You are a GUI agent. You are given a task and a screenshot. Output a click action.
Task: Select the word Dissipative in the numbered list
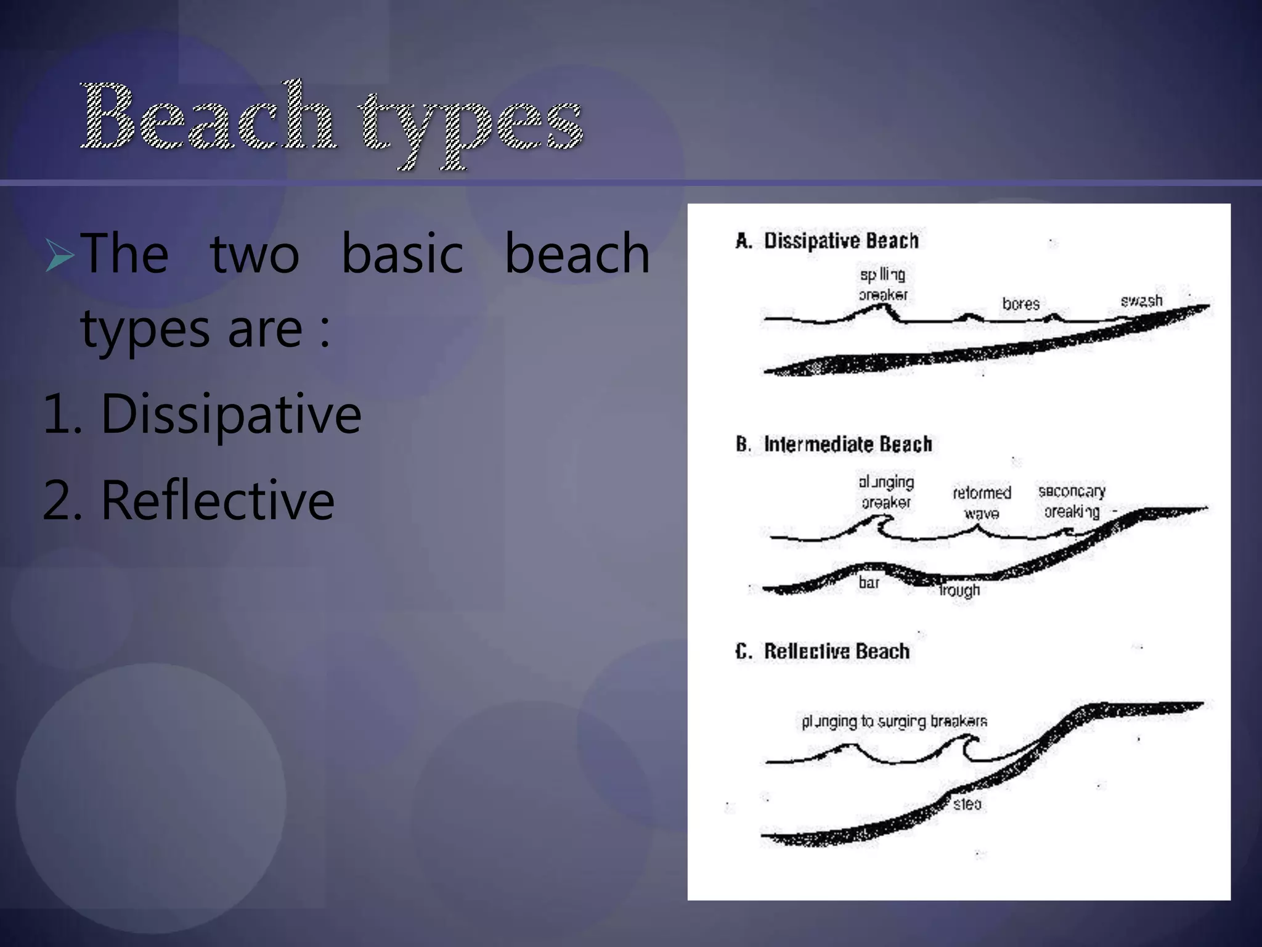[x=230, y=414]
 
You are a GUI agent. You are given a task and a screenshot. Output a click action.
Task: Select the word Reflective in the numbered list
[x=217, y=501]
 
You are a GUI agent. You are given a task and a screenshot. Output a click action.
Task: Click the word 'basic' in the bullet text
[x=402, y=254]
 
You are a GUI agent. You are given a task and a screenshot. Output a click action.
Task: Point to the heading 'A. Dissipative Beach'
[x=827, y=240]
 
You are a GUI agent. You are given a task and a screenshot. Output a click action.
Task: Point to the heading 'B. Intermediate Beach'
[x=833, y=444]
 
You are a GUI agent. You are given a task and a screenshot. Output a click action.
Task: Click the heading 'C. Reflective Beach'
[x=822, y=651]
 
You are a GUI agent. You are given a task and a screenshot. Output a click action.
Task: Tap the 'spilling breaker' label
[x=882, y=285]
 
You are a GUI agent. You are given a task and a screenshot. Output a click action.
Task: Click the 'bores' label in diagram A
[x=1020, y=304]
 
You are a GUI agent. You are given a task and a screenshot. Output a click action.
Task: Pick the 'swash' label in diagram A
[x=1141, y=301]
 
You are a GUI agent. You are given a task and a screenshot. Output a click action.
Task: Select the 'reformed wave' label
[x=982, y=502]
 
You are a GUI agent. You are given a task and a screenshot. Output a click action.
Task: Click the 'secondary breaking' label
[x=1072, y=501]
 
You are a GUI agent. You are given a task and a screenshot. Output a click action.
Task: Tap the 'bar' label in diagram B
[x=869, y=583]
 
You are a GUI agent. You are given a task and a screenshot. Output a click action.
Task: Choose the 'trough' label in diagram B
[x=959, y=591]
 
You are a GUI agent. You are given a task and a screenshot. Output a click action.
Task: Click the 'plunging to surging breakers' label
[x=894, y=721]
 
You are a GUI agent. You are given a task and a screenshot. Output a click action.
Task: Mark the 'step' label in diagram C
[x=967, y=804]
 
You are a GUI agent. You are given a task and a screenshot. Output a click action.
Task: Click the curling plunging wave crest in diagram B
[x=880, y=524]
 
